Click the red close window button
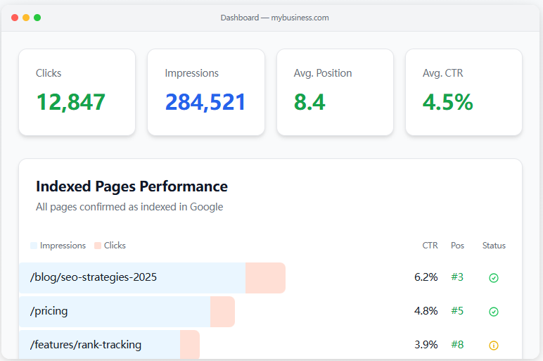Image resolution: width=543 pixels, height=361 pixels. [15, 18]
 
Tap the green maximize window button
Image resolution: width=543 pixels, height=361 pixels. [37, 18]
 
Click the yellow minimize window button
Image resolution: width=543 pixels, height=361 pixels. [26, 18]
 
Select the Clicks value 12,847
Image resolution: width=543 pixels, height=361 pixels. [70, 102]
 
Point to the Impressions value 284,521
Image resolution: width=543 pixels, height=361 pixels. [205, 102]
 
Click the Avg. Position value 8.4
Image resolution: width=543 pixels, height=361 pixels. [309, 102]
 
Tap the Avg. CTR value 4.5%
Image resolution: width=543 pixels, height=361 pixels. [447, 102]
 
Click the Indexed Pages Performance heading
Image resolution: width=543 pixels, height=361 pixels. [132, 186]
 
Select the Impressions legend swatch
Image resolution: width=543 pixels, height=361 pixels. [34, 246]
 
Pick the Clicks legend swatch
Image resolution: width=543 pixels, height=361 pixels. [98, 246]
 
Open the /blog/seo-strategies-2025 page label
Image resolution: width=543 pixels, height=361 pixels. [94, 277]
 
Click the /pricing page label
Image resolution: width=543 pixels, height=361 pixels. [49, 311]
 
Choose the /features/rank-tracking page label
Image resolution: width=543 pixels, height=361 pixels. [86, 345]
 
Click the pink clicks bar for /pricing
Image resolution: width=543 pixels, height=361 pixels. [222, 311]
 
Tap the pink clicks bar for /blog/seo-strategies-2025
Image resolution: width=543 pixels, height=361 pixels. [265, 277]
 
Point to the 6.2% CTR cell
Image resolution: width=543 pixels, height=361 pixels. [426, 277]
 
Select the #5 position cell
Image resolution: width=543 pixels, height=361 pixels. [457, 311]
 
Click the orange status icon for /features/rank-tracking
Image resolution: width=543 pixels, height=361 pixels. [494, 346]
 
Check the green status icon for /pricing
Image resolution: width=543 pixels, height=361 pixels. [494, 312]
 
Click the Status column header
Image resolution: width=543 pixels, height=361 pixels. [494, 246]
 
